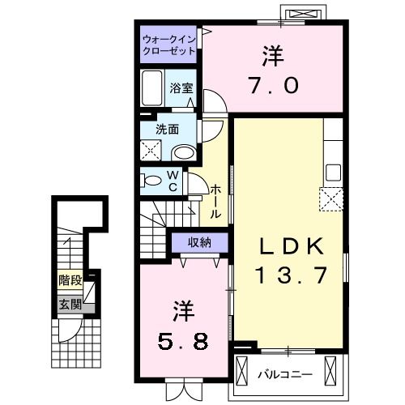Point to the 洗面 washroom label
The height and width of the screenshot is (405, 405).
pyautogui.click(x=167, y=127)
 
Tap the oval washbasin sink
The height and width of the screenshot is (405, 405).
pyautogui.click(x=184, y=151)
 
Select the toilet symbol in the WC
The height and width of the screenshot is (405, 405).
pyautogui.click(x=152, y=180)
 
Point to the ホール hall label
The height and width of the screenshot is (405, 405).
pyautogui.click(x=215, y=200)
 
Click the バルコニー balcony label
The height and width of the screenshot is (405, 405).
pyautogui.click(x=280, y=374)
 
